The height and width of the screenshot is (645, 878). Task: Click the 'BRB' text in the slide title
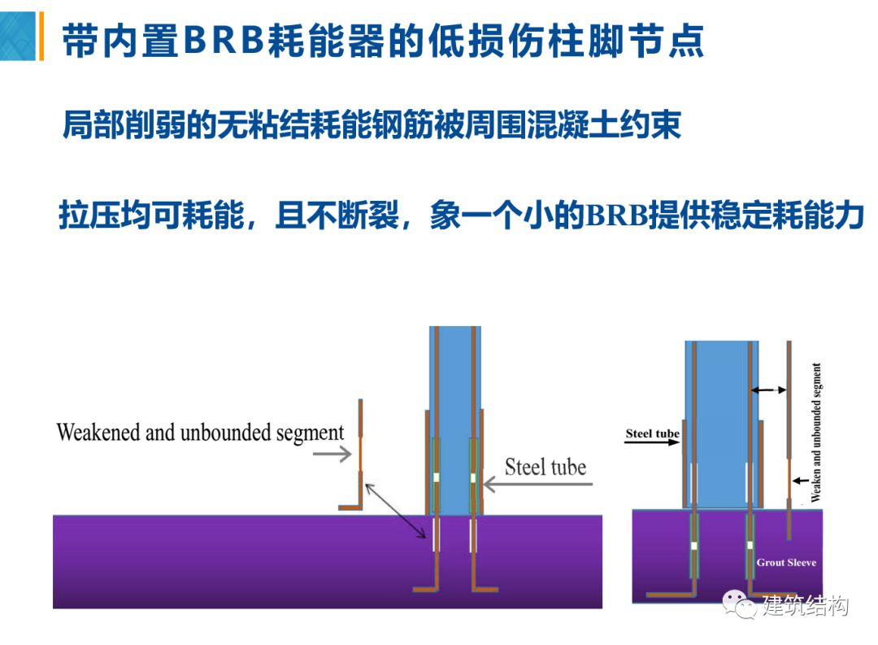225,41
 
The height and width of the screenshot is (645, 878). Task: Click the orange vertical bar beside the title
41,37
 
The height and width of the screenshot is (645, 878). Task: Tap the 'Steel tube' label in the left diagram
545,467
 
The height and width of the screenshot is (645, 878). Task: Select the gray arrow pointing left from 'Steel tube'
537,486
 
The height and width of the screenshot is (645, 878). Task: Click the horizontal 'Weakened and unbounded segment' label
200,432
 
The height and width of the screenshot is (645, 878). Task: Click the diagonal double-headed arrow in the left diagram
396,511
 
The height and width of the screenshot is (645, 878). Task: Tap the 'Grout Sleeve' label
786,562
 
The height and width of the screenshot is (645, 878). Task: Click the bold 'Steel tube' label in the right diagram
652,434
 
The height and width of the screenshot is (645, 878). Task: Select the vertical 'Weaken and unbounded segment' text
816,432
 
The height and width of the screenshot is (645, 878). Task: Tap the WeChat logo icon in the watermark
740,605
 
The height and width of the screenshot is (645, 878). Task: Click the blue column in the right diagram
720,407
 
